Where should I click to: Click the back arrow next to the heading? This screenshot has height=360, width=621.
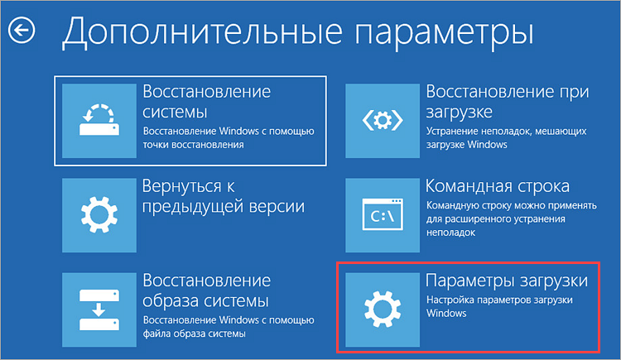point(22,31)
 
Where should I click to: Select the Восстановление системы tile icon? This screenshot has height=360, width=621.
point(99,121)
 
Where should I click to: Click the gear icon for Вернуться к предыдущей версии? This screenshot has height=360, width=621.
point(99,214)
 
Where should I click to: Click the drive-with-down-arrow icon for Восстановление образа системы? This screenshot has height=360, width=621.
point(99,306)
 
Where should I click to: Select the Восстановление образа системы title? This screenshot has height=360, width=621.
point(206,288)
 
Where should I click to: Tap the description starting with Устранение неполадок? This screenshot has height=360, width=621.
point(508,138)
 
